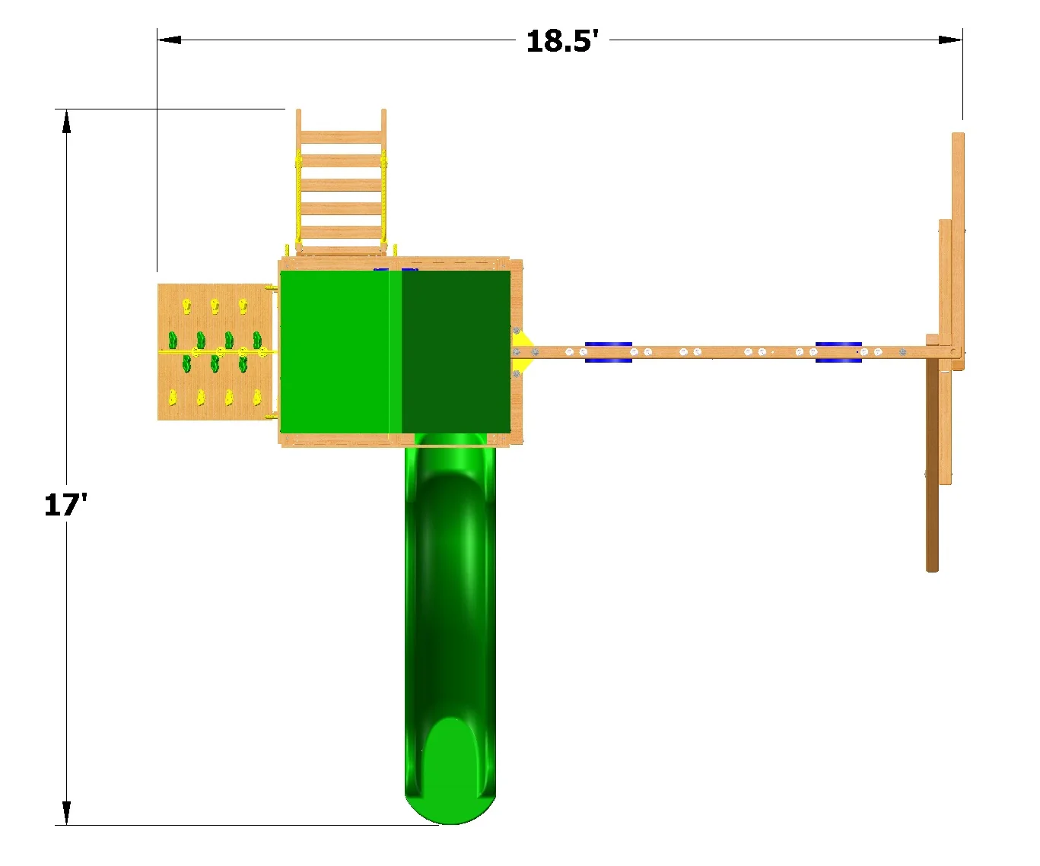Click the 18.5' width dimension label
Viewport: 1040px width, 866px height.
click(x=561, y=40)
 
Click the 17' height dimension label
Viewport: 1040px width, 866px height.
click(x=65, y=505)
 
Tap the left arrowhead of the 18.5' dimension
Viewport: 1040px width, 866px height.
click(x=170, y=40)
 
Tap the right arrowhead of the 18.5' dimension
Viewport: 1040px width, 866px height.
click(x=950, y=40)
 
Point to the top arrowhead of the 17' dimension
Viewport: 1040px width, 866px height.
click(x=66, y=122)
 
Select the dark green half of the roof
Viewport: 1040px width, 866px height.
click(x=456, y=351)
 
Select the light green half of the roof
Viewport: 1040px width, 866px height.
click(x=341, y=351)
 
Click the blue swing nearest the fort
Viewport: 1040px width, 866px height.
click(x=608, y=352)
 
